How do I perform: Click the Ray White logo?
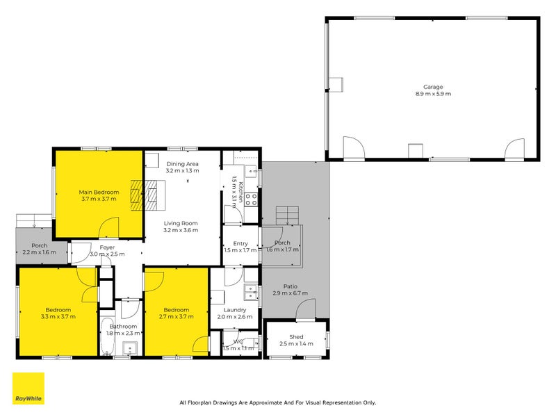tap(28, 389)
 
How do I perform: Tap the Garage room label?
tap(433, 87)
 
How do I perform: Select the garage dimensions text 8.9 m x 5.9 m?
tap(433, 94)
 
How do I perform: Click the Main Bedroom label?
tap(98, 192)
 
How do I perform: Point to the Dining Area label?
tap(182, 163)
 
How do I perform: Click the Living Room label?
tap(181, 223)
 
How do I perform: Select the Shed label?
tap(296, 337)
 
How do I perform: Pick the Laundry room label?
tap(235, 310)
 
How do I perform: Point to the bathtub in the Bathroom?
tap(107, 337)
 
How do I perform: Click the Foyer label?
tap(107, 247)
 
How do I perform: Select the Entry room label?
tap(240, 243)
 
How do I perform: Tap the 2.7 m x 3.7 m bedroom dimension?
tap(176, 317)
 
